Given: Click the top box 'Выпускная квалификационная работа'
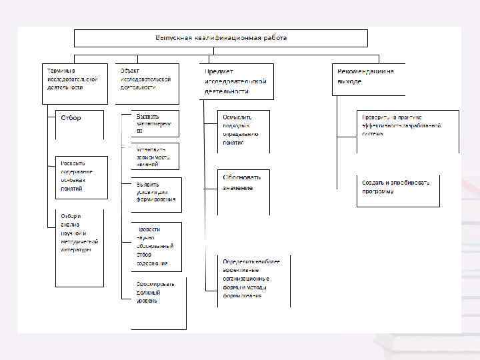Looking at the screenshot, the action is [221, 38].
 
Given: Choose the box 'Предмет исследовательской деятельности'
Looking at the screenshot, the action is [237, 81].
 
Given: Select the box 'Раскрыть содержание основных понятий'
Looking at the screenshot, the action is [81, 177].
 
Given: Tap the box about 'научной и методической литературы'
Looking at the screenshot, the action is [80, 240].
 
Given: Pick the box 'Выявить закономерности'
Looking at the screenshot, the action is [154, 123].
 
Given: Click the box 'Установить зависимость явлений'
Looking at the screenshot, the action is [154, 156].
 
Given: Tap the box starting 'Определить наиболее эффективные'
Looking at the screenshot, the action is [254, 279].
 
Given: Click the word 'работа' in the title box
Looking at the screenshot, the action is [274, 38].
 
